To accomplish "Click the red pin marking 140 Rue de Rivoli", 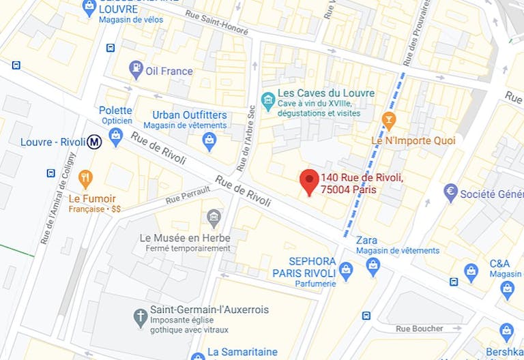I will point(309,181).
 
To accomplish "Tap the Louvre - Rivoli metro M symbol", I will point(95,142).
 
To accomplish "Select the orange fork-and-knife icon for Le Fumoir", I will point(85,179).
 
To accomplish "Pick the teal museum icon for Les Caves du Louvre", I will point(268,100).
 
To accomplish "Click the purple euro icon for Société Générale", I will point(450,193).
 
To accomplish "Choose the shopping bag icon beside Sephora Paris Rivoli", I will point(346,271).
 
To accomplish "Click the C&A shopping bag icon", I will point(471,271).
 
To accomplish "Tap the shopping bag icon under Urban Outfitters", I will point(209,140).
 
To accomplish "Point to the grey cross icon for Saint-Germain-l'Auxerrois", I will point(140,316).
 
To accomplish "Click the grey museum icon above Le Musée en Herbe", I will point(214,218).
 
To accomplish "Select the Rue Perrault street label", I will point(186,196).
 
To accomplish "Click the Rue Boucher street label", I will point(419,328).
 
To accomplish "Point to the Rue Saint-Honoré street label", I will point(215,25).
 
